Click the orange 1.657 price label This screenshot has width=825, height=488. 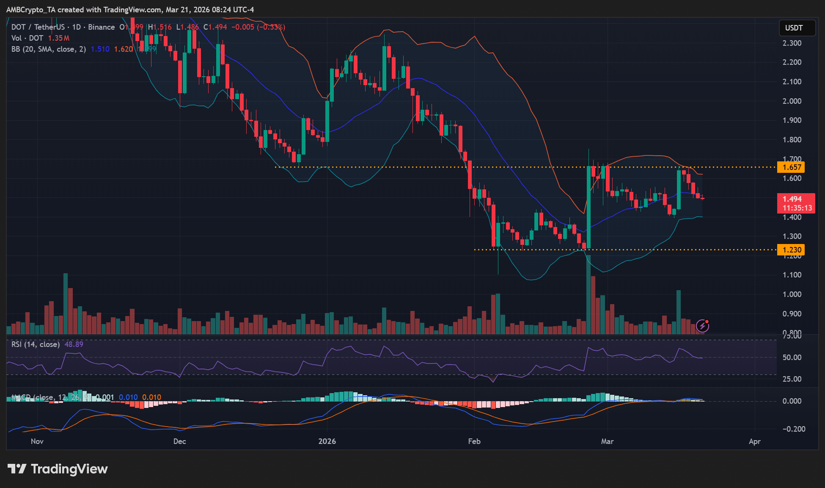(x=792, y=167)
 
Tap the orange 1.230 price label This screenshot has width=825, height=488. (x=792, y=250)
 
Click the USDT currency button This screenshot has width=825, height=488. (x=794, y=28)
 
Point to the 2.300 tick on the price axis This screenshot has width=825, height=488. (x=792, y=43)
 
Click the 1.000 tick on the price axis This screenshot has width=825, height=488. (x=792, y=294)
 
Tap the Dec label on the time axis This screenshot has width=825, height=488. (x=179, y=441)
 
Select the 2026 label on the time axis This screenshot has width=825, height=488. (x=327, y=441)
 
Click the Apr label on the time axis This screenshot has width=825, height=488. (x=754, y=441)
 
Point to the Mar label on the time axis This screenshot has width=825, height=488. (x=607, y=441)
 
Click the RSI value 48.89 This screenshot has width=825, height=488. (x=74, y=344)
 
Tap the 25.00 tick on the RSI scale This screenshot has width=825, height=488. (x=792, y=379)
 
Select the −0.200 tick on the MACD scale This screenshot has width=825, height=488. (x=792, y=429)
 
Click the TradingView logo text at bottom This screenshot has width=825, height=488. (x=58, y=469)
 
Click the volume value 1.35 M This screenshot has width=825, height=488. (x=58, y=38)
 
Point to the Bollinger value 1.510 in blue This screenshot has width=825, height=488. (x=100, y=49)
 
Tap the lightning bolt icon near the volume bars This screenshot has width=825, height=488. (x=703, y=326)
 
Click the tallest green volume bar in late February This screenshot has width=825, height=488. (x=588, y=297)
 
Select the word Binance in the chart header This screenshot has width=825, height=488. (x=102, y=27)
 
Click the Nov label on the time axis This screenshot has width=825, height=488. (x=37, y=441)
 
